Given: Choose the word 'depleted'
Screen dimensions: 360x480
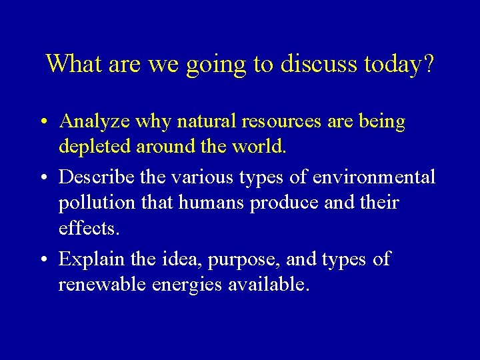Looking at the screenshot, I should tap(95, 147).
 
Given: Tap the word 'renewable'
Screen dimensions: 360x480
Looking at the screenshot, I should tap(103, 285).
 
